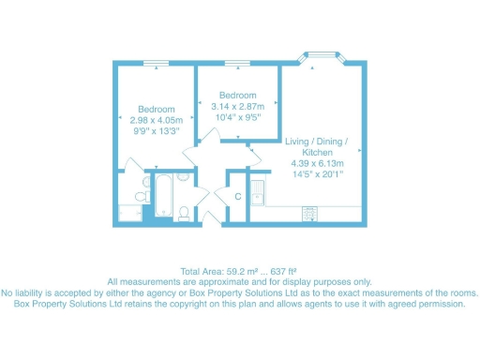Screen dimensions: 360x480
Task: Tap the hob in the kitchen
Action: click(x=308, y=214)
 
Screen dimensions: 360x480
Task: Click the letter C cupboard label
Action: click(x=238, y=197)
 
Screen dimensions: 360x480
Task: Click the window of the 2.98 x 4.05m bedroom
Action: click(x=157, y=63)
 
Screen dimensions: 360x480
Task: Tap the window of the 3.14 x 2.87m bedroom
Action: click(x=237, y=63)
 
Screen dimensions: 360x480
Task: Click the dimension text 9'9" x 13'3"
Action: click(x=156, y=133)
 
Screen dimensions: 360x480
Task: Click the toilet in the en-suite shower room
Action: click(x=141, y=197)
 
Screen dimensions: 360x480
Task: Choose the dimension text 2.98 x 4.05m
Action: click(x=156, y=121)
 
